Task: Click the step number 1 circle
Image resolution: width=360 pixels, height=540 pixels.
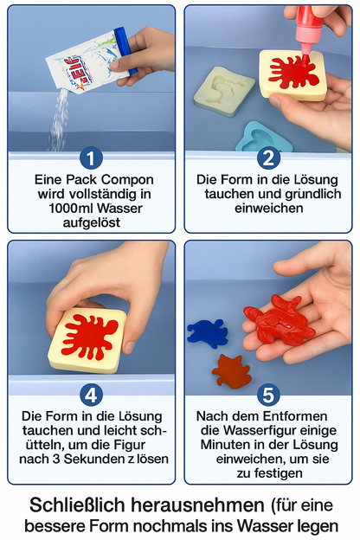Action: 91,157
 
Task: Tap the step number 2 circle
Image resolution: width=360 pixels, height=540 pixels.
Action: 268,157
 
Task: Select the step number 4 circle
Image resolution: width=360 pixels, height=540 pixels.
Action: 91,395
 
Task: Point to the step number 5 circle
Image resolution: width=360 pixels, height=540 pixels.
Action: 268,395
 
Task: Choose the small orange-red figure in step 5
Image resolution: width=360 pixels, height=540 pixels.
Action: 232,370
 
